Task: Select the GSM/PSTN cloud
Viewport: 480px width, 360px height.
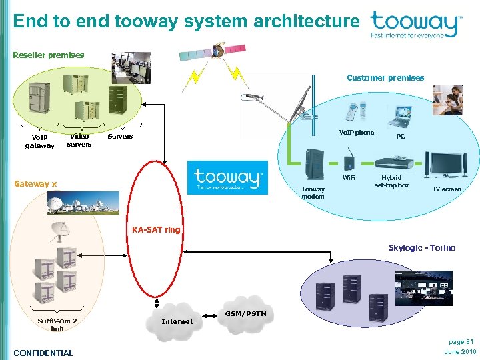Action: pyautogui.click(x=245, y=313)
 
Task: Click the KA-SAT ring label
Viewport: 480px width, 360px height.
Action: pyautogui.click(x=156, y=229)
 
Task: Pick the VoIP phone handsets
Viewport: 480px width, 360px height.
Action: pyautogui.click(x=355, y=111)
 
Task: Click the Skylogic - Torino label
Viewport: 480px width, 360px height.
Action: pyautogui.click(x=422, y=247)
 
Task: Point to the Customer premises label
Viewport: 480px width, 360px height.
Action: pyautogui.click(x=385, y=78)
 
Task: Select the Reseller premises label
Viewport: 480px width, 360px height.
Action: pyautogui.click(x=49, y=55)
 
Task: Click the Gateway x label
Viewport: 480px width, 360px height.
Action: pyautogui.click(x=35, y=183)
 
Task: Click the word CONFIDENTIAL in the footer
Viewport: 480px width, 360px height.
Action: pyautogui.click(x=43, y=353)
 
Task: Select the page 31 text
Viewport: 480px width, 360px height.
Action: pyautogui.click(x=460, y=342)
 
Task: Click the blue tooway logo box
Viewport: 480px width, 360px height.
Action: pyautogui.click(x=227, y=178)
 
